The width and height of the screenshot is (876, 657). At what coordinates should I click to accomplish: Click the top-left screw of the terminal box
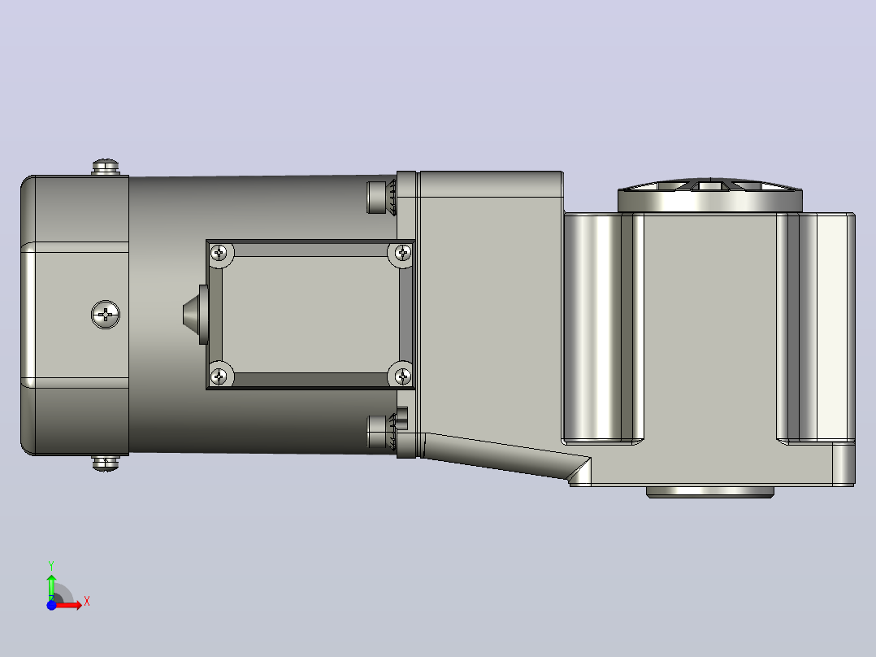pos(219,254)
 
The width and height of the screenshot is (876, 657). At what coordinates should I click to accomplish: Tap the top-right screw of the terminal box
pos(402,254)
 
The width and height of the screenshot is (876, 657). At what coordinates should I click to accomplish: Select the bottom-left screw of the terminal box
pos(219,376)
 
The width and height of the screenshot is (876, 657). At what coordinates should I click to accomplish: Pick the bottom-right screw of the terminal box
pos(402,376)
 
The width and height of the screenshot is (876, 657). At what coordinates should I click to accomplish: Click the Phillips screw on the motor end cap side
pos(106,315)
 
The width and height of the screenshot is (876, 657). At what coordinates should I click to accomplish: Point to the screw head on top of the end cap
pos(106,168)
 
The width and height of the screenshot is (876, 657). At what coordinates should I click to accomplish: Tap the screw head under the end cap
pos(106,463)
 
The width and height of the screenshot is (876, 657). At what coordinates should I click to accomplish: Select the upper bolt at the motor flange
pos(381,197)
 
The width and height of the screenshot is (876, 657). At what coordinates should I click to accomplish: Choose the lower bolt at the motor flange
pos(381,432)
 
